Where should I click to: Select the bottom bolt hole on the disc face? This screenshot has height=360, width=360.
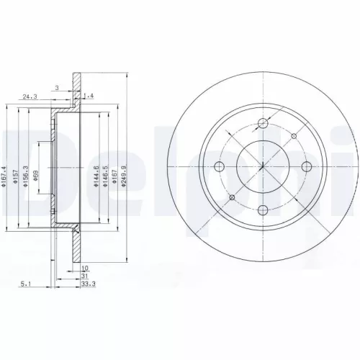pyautogui.click(x=263, y=210)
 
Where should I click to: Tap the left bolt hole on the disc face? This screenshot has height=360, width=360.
pyautogui.click(x=220, y=168)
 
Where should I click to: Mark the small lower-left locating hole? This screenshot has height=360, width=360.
pyautogui.click(x=233, y=199)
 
